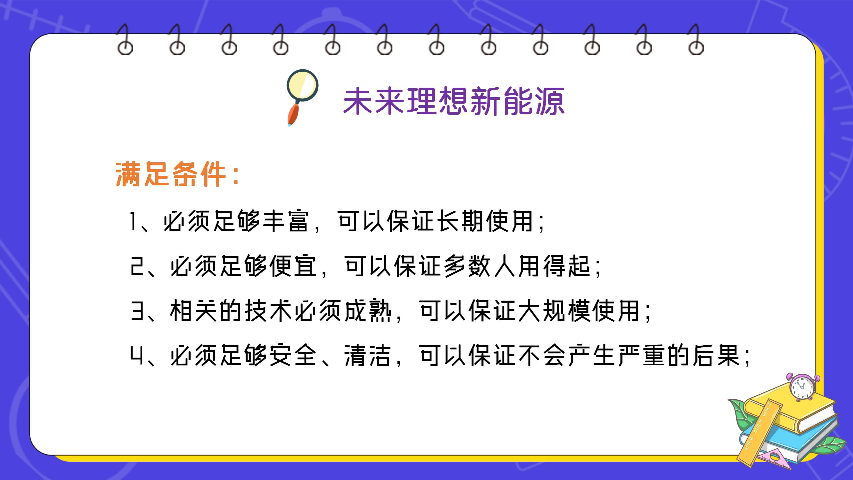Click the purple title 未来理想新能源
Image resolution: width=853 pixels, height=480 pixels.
(453, 101)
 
